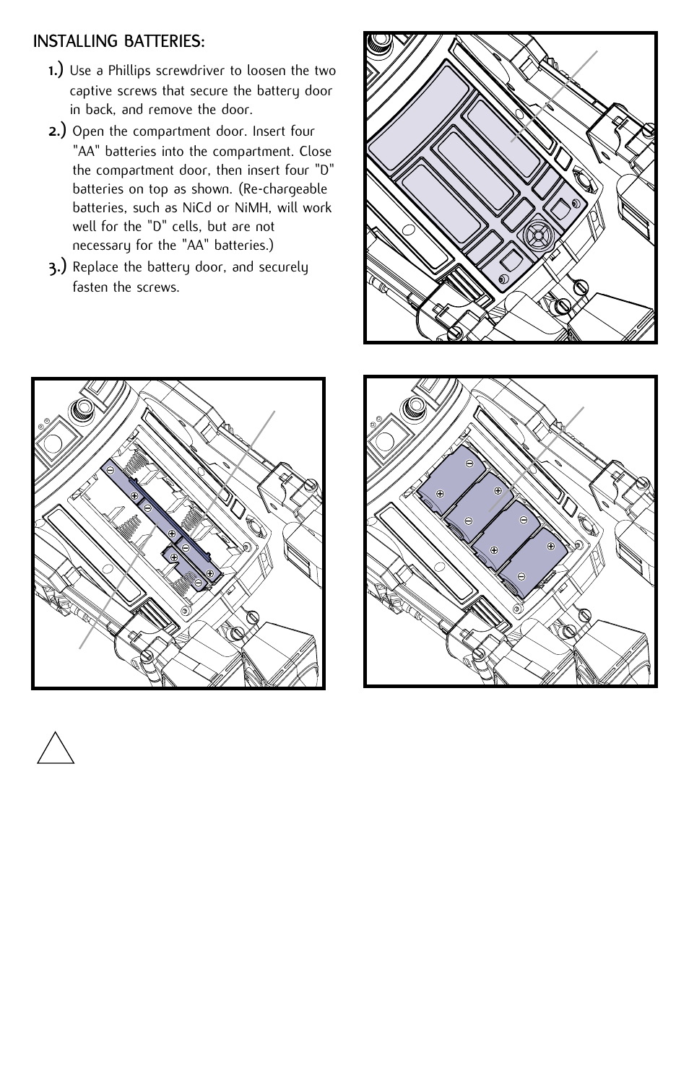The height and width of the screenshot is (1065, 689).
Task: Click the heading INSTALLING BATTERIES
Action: click(x=118, y=43)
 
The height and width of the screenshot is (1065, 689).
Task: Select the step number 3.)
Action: click(x=58, y=267)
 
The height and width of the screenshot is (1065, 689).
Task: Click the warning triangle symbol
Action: click(x=56, y=747)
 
